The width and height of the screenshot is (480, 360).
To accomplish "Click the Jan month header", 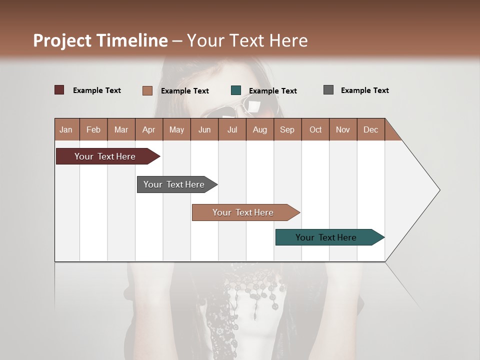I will (66, 129).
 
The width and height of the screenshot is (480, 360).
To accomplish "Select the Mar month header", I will (121, 129).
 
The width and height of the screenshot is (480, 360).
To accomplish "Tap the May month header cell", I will (176, 129).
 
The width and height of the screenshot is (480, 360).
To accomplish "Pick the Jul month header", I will (232, 129).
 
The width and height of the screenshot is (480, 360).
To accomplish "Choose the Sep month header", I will (287, 129).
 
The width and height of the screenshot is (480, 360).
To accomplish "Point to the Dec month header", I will (370, 129).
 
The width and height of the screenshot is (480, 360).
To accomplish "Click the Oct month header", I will (315, 129).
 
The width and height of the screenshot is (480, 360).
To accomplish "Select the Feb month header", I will (93, 129).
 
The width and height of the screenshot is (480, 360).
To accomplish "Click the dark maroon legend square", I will (59, 90).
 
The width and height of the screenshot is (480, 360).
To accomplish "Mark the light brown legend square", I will (147, 90).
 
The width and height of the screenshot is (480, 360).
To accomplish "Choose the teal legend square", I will (236, 90).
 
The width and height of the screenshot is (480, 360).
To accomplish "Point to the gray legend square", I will (328, 90).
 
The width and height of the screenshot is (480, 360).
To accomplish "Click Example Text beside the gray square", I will (364, 90).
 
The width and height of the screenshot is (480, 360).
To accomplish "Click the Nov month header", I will (343, 129).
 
